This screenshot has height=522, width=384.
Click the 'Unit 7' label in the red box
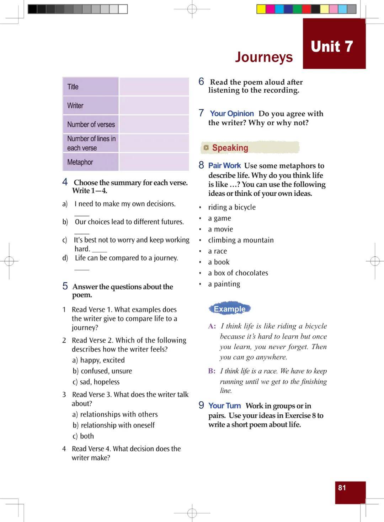pos(332,47)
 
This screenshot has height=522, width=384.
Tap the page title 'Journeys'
pos(264,57)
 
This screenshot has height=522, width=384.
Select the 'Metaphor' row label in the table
pos(80,162)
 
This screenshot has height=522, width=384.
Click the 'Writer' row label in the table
pos(75,105)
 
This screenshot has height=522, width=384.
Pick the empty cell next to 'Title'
pos(154,87)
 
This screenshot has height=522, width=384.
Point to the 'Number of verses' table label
pos(91,124)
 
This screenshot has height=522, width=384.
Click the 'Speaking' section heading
pos(230,148)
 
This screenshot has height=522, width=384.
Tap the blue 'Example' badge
pos(230,309)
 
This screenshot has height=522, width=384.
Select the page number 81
pos(342,488)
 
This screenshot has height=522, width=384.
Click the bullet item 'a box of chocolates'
pos(238,273)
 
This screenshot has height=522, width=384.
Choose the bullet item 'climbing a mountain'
pos(241,240)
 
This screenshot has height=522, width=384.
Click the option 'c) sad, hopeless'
pos(96,382)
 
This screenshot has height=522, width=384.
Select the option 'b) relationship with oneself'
pos(114,425)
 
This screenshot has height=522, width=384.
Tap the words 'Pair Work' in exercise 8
pos(224,165)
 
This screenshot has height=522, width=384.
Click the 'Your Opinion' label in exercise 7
pos(232,114)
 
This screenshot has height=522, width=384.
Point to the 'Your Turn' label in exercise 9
pos(224,406)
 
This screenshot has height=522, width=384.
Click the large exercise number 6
pos(201,82)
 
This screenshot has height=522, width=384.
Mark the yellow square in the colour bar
pos(261,9)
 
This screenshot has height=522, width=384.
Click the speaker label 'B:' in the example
pos(212,371)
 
